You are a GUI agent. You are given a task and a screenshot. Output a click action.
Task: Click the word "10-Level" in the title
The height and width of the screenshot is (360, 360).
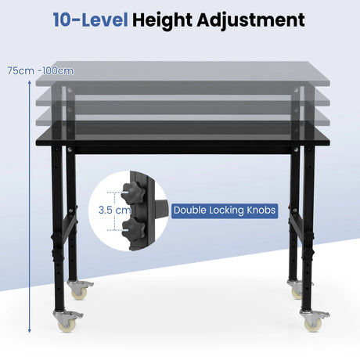[91, 20]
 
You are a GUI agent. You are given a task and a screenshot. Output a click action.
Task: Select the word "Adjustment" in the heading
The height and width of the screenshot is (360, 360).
[250, 20]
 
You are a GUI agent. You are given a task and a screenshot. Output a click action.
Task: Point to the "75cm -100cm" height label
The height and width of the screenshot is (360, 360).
[40, 70]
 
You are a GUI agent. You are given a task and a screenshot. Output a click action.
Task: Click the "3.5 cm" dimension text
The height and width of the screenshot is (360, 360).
[115, 210]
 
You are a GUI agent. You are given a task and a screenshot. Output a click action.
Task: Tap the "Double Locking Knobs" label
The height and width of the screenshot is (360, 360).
[225, 211]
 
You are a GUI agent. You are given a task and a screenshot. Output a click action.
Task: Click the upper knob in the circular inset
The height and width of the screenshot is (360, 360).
[132, 193]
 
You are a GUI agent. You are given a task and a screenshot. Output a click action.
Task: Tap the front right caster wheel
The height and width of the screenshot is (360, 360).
[314, 321]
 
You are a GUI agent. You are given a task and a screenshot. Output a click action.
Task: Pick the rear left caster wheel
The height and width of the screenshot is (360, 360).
[79, 290]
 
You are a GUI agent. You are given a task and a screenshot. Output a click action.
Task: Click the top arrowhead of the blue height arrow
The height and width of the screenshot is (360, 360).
[30, 82]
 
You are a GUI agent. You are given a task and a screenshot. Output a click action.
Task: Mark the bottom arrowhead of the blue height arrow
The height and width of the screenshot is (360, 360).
[30, 331]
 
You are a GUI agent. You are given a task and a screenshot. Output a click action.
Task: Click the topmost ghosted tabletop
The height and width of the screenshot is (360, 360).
[182, 74]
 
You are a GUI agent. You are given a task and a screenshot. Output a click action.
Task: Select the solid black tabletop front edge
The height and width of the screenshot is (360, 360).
[182, 142]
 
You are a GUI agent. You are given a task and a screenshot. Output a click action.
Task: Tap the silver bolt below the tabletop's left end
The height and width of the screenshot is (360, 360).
[70, 149]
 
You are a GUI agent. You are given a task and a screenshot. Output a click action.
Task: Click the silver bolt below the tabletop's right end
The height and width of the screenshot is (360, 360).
[296, 149]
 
